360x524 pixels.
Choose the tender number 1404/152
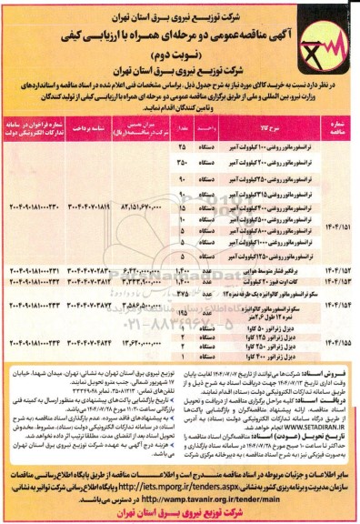[337, 271]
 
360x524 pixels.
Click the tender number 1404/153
[337, 282]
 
